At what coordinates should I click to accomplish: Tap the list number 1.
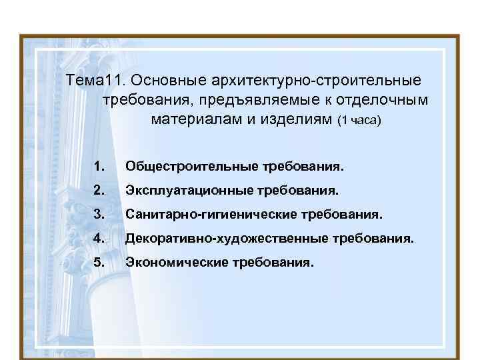99,165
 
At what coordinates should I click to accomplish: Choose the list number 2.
99,191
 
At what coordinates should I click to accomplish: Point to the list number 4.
99,238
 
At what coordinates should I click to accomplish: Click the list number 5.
99,262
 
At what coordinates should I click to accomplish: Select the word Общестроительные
186,165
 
